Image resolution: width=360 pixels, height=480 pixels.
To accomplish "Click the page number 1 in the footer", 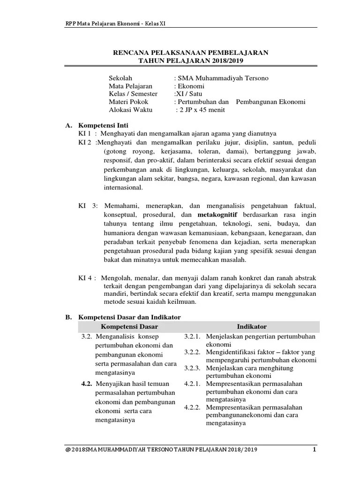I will coord(315,450).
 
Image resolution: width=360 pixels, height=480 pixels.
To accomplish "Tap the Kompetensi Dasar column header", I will coord(129,326).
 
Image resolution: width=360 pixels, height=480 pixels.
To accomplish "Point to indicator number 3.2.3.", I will coord(192,368).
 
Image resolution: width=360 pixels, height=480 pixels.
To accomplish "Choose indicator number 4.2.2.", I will coord(192,407).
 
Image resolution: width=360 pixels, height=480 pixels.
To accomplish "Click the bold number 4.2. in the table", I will coord(86,384).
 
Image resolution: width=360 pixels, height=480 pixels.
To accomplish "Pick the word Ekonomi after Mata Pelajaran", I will coord(191,86).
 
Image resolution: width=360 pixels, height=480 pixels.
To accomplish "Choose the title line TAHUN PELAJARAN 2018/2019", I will coord(191,61).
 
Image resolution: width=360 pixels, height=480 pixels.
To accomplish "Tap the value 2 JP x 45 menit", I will coord(200,110).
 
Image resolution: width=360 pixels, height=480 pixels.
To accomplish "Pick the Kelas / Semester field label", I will coord(133,94).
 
